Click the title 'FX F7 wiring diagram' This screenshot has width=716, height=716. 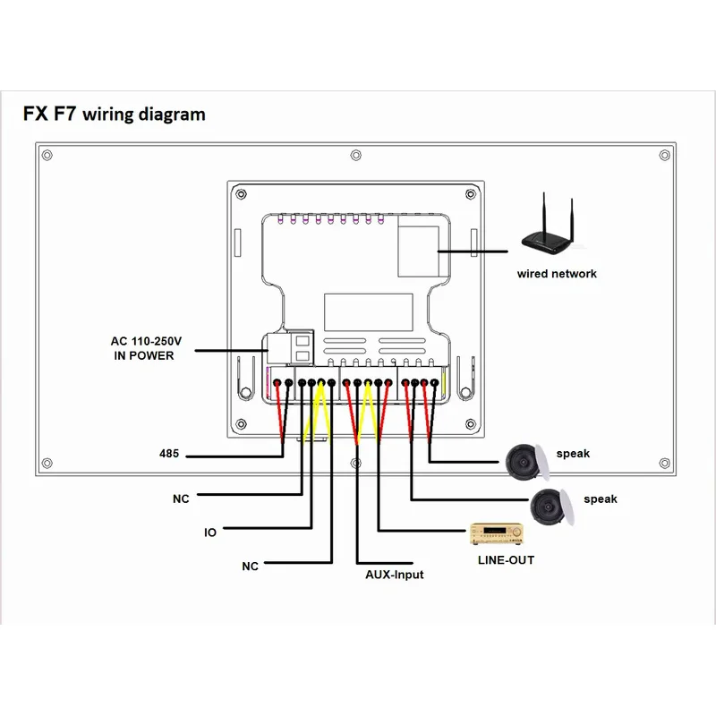(115, 115)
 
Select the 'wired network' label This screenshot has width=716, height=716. (557, 274)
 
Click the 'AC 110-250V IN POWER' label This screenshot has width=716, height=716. (146, 348)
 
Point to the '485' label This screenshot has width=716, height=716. (169, 454)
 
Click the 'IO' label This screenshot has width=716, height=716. (210, 533)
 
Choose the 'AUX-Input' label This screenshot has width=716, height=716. (394, 575)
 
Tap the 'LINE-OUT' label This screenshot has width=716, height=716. (506, 560)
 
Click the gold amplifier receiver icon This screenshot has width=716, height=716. (497, 533)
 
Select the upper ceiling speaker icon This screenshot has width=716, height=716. (527, 462)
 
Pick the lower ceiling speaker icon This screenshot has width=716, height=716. (551, 507)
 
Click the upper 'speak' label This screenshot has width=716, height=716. (573, 454)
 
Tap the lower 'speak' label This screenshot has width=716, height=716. (600, 499)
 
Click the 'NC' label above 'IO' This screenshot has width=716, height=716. (181, 499)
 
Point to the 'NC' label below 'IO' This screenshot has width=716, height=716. (251, 567)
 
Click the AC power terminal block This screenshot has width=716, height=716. (290, 347)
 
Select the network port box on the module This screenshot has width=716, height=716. (418, 246)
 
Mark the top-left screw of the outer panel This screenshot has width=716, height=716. (47, 155)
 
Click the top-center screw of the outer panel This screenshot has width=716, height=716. (355, 155)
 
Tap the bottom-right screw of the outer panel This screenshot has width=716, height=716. (665, 463)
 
